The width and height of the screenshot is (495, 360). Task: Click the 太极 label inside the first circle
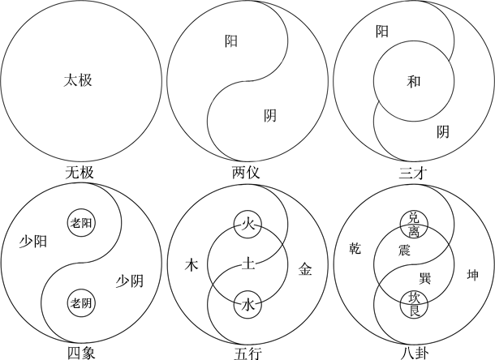(78, 80)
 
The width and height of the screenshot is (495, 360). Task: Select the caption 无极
(80, 173)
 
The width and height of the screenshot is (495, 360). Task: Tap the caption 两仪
(246, 173)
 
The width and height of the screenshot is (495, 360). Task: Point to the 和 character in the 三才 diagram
(414, 82)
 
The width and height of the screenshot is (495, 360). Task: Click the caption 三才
(413, 174)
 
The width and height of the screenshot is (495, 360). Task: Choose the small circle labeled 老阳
(81, 223)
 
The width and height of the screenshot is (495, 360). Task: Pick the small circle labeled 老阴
(81, 303)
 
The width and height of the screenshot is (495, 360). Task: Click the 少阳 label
(33, 242)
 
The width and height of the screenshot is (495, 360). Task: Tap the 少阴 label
(130, 281)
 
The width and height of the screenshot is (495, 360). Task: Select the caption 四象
(81, 354)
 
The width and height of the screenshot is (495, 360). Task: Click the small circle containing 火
(247, 225)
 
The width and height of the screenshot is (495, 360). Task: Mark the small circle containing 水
(247, 305)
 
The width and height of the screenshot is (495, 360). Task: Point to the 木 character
(192, 264)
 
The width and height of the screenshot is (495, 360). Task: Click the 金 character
(305, 270)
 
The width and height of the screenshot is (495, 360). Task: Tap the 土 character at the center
(248, 264)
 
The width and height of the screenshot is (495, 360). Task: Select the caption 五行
(248, 354)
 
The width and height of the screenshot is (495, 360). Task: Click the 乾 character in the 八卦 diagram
(355, 248)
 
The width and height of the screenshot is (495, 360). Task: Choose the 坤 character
(472, 275)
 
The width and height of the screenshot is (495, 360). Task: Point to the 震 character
(404, 251)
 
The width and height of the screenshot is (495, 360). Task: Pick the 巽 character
(425, 279)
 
